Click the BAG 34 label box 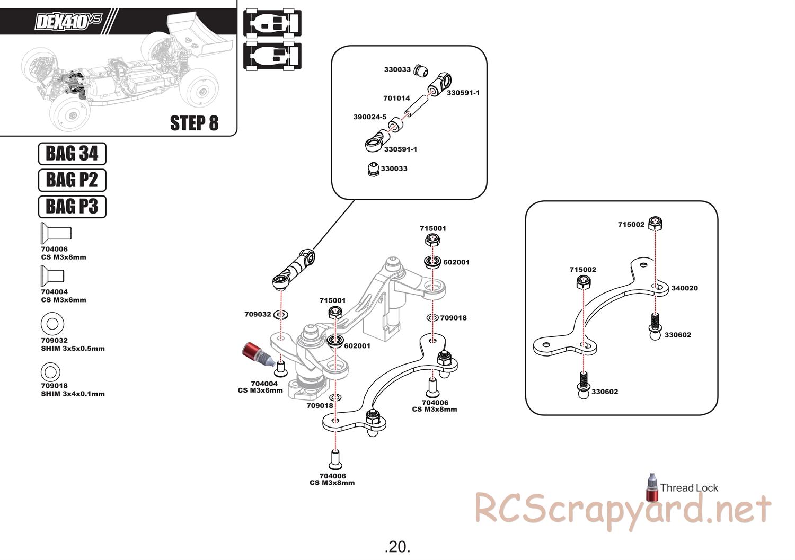pyautogui.click(x=72, y=154)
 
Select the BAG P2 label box pyautogui.click(x=72, y=180)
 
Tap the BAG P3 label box pyautogui.click(x=72, y=206)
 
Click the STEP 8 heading pyautogui.click(x=194, y=123)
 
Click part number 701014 pyautogui.click(x=396, y=98)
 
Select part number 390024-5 pyautogui.click(x=369, y=117)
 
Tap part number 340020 pyautogui.click(x=684, y=288)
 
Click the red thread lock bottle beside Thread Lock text pyautogui.click(x=651, y=486)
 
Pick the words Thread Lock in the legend pyautogui.click(x=689, y=488)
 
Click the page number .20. pyautogui.click(x=397, y=546)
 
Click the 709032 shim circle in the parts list pyautogui.click(x=52, y=323)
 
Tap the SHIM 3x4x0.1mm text pyautogui.click(x=73, y=394)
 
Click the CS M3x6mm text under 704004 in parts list pyautogui.click(x=63, y=300)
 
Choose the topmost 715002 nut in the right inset pyautogui.click(x=656, y=224)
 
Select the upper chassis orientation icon pyautogui.click(x=272, y=22)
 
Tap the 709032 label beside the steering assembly pyautogui.click(x=258, y=314)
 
